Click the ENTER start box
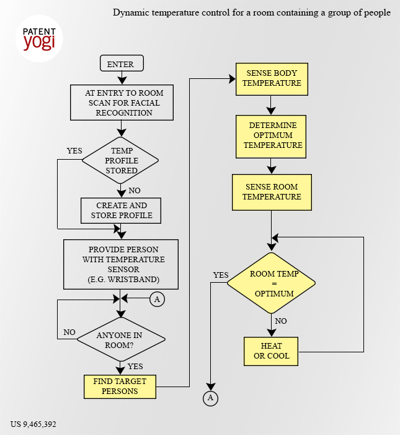point(122,63)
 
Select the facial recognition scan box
point(122,103)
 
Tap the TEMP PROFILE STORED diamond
point(120,160)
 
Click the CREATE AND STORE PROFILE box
point(121,211)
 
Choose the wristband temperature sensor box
point(121,264)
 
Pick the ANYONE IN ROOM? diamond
point(121,339)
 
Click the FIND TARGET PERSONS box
point(120,387)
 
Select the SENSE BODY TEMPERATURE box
point(272,79)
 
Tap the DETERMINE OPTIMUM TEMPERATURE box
point(271,137)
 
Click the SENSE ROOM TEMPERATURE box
point(272,192)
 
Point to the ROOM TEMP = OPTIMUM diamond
point(271,283)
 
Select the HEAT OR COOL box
point(271,352)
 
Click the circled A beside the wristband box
point(158,300)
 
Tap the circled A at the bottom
point(210,398)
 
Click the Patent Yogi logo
point(39,39)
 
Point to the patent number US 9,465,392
point(33,424)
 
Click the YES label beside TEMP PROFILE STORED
point(74,150)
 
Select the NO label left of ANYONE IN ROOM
point(69,332)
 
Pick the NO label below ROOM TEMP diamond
point(281,321)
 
